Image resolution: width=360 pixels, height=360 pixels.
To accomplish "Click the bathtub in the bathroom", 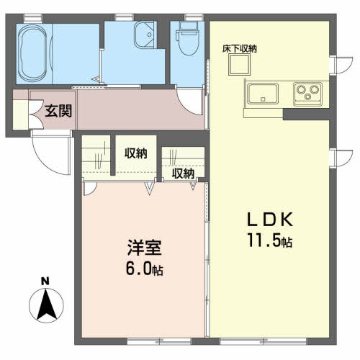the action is [32, 53].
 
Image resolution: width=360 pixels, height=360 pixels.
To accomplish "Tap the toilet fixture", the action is [188, 38].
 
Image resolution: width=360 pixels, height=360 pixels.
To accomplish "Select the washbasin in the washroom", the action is [144, 35].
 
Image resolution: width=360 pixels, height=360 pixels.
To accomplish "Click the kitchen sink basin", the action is [264, 94].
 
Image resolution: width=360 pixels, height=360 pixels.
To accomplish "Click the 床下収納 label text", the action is [239, 49].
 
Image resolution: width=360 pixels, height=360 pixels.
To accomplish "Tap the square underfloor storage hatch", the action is [239, 65].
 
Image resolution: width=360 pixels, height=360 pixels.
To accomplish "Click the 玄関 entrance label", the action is [58, 111].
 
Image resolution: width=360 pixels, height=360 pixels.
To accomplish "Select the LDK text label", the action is [270, 219].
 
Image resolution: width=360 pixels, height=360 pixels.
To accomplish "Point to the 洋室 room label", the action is [144, 248].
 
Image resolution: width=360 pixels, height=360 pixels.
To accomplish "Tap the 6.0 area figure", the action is [138, 268].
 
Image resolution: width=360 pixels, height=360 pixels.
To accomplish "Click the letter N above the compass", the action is [45, 281].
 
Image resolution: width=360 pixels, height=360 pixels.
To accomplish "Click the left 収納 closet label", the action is [135, 153].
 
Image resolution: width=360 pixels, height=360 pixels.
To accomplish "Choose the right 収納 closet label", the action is [183, 174].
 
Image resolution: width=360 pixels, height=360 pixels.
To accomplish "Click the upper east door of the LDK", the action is [341, 65].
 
